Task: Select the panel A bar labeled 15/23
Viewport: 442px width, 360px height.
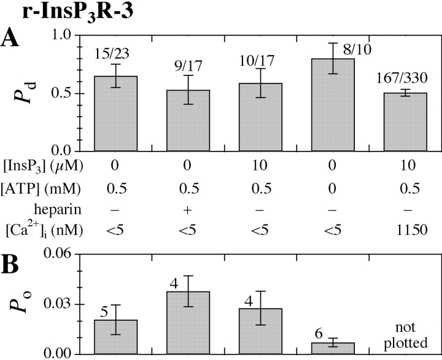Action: click(x=115, y=113)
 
